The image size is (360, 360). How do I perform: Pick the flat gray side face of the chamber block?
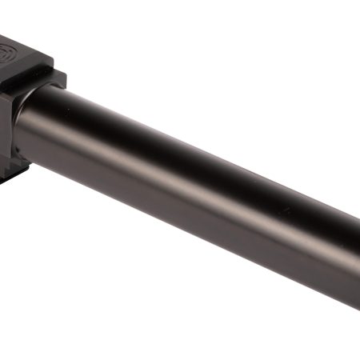coord(10,120)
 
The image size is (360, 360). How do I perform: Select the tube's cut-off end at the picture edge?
coord(357,256)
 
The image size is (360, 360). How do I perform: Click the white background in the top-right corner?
coord(336,24)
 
